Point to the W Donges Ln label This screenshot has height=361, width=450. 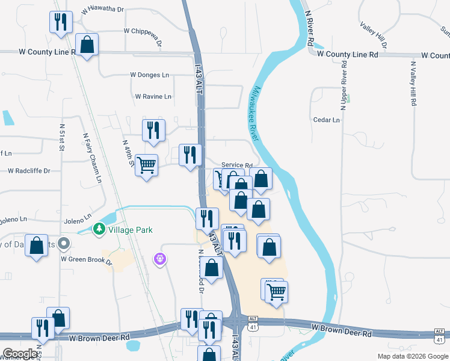coord(150,75)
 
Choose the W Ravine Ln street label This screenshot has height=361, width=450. coord(153,96)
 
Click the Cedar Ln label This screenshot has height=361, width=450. coord(327,120)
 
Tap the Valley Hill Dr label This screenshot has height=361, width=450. coord(374,35)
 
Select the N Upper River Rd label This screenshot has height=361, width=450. coord(344,85)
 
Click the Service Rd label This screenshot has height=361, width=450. coord(236,165)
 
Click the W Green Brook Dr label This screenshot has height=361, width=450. coord(87,259)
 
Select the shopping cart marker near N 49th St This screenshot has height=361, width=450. coord(147,164)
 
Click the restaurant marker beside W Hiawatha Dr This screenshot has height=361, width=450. coord(60,22)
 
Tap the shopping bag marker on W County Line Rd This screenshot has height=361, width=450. coord(87,44)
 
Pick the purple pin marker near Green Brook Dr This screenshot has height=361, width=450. coord(160,259)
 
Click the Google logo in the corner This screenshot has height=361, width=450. coord(20,354)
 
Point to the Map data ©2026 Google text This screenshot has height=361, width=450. coord(412,356)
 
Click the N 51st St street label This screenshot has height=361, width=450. coord(61,140)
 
